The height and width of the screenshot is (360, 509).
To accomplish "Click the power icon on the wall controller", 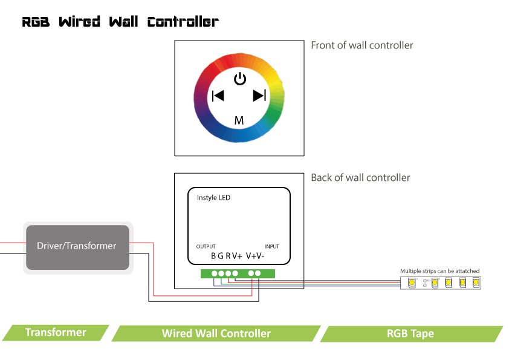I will click(240, 79).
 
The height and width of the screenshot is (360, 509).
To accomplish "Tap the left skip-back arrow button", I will click(218, 96).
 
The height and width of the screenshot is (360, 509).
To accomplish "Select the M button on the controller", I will click(239, 120).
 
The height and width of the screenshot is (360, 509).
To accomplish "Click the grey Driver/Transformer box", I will click(77, 247).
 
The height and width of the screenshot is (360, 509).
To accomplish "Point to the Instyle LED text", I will click(213, 198).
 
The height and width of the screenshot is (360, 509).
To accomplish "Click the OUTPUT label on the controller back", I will click(206, 247).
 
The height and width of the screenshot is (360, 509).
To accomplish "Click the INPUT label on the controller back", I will click(272, 247).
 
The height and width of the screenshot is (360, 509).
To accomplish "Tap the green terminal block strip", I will click(238, 273).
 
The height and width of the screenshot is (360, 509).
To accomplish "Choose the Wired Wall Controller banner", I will click(216, 333).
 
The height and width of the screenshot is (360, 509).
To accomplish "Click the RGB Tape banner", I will click(410, 333).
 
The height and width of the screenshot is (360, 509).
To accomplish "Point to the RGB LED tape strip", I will click(441, 282).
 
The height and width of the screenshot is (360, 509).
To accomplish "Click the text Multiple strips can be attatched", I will click(440, 270).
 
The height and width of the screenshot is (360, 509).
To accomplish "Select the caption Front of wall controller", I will click(361, 45).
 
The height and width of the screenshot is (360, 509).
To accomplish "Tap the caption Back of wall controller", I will click(360, 178).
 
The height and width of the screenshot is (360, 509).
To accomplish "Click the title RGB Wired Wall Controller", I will click(120, 22).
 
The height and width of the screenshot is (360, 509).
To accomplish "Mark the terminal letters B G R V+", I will click(226, 256).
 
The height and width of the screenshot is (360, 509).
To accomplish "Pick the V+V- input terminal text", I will click(255, 256).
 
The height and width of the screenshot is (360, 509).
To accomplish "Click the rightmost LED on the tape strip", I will click(476, 282).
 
